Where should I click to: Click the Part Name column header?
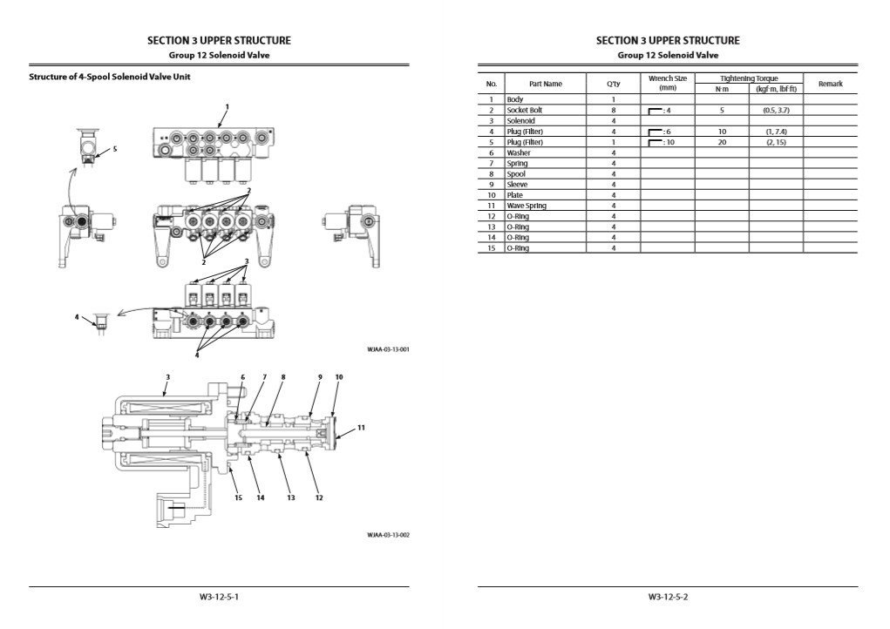pos(546,84)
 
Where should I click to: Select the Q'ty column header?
pos(614,84)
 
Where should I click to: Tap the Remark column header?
pos(830,84)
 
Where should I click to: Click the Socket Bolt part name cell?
pos(525,111)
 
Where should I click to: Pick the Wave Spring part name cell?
pos(527,206)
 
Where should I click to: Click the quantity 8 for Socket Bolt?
pos(614,111)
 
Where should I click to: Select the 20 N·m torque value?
pos(722,142)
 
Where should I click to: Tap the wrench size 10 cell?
pos(667,142)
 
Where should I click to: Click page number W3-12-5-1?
pos(219,598)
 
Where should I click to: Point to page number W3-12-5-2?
pos(668,598)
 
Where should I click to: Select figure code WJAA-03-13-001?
pos(388,349)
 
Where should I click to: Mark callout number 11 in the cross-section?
pos(360,428)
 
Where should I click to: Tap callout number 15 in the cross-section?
pos(237,497)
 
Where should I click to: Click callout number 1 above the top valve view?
pos(227,107)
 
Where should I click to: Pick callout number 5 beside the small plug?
pos(115,149)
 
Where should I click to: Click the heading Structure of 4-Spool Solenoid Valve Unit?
pos(110,77)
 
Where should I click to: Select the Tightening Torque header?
pos(748,78)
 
